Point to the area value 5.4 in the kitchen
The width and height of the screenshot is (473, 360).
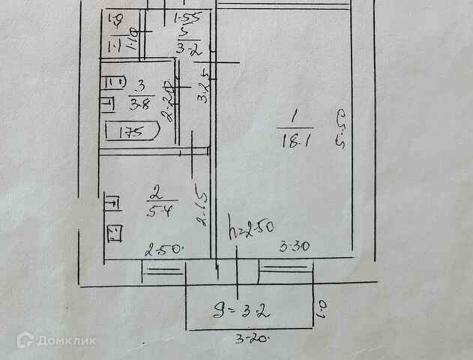point(157,211)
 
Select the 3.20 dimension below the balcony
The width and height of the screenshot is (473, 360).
point(252,339)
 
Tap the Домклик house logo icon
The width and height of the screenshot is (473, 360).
point(25,340)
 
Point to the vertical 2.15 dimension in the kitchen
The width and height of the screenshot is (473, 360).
point(202,210)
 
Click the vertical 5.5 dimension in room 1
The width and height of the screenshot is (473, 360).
point(342,129)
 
